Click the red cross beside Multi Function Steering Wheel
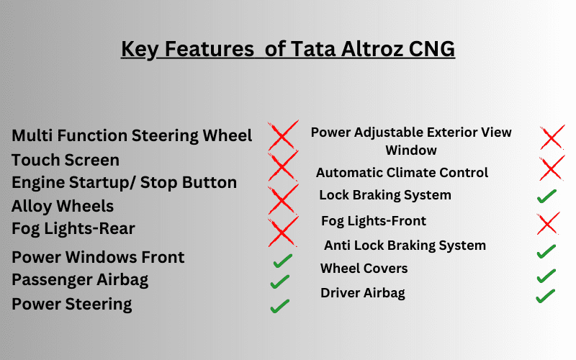[x=283, y=135]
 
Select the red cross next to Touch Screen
[x=283, y=166]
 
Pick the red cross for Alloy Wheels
[x=283, y=199]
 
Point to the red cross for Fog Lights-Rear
[x=283, y=231]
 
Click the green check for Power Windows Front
[x=282, y=261]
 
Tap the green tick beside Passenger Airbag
[x=280, y=282]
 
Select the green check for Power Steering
[x=280, y=306]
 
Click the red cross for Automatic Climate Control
[x=552, y=168]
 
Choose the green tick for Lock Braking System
[x=546, y=196]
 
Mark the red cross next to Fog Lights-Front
[x=549, y=223]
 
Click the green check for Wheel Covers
[x=546, y=276]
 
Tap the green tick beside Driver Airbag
[x=546, y=296]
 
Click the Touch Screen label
[x=66, y=160]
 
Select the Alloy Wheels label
[x=63, y=207]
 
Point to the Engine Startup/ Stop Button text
[x=124, y=183]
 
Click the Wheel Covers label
[x=364, y=269]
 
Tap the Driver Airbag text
[x=363, y=293]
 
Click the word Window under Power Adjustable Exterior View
[x=411, y=150]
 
